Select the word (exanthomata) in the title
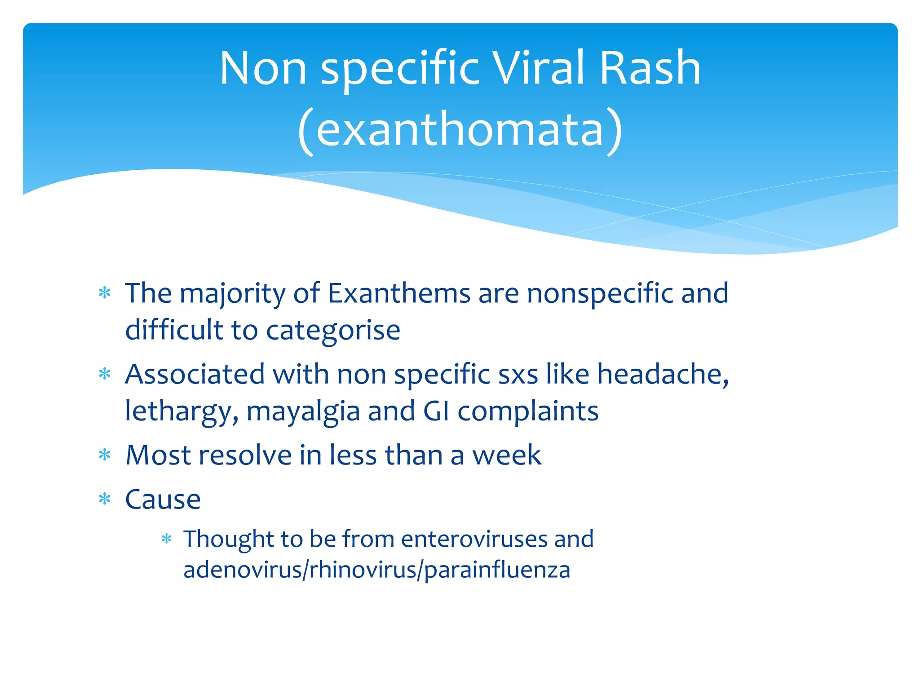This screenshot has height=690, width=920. tap(460, 130)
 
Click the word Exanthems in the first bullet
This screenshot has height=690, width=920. tap(399, 294)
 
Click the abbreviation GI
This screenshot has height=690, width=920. tap(436, 411)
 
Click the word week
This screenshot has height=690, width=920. tap(507, 456)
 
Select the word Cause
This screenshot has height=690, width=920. tap(163, 500)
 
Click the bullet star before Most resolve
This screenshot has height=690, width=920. tap(105, 456)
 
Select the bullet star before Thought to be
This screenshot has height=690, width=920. tap(167, 539)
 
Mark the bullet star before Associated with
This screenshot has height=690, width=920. tap(105, 374)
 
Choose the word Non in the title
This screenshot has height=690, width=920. tap(263, 68)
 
